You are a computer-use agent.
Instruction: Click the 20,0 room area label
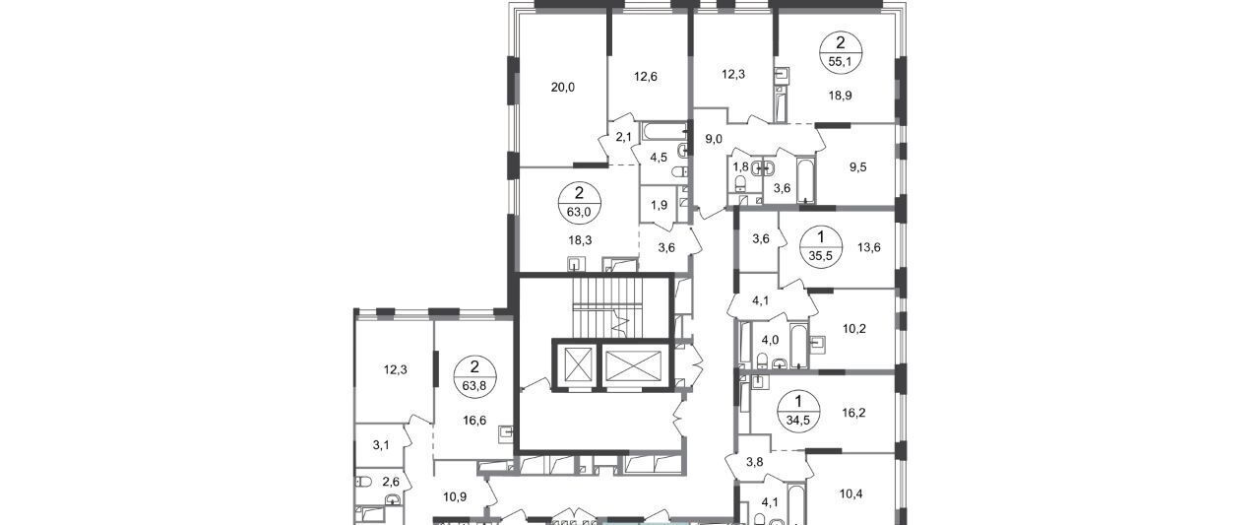click(563, 88)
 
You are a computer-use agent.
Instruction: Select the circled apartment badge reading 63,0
click(580, 203)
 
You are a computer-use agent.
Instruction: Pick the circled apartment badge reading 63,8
click(474, 376)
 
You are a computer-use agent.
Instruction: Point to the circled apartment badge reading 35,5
click(821, 246)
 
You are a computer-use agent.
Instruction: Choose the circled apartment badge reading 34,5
click(799, 412)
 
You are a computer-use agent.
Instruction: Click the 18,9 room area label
click(840, 96)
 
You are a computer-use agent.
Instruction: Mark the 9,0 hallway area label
click(714, 139)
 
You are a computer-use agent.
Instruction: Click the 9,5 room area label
click(857, 167)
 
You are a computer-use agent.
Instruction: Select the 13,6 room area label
click(869, 247)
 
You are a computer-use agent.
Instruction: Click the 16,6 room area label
click(474, 421)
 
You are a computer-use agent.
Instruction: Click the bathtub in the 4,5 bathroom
click(664, 131)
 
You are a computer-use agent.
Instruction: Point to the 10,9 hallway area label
click(455, 497)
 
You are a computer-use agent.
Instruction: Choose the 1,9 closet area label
click(660, 206)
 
